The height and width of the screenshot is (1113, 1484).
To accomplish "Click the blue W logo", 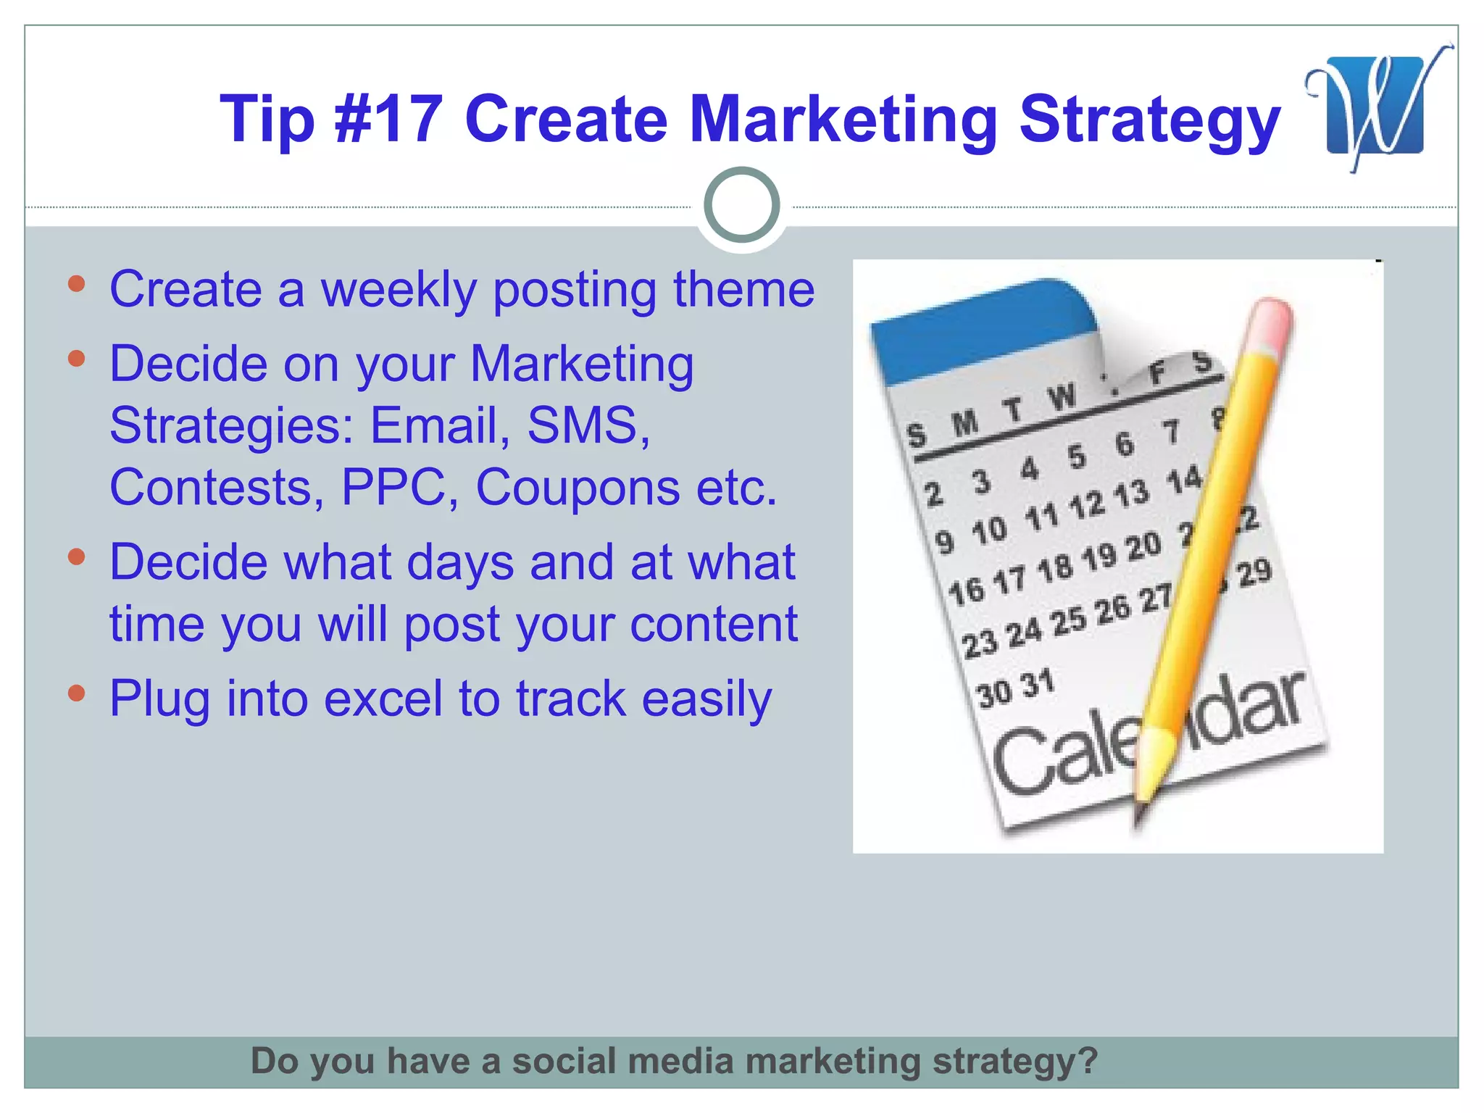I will [1375, 106].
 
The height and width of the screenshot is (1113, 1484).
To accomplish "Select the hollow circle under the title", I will [741, 205].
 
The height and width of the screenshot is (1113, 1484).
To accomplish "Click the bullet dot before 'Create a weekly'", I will [77, 283].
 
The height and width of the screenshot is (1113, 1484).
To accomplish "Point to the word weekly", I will [399, 290].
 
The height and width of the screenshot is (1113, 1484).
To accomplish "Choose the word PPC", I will [392, 487].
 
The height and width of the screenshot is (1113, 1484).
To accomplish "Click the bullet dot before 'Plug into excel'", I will [77, 693].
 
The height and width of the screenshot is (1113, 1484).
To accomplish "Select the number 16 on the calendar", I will [966, 591].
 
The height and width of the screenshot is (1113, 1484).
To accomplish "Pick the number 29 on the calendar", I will [1254, 572].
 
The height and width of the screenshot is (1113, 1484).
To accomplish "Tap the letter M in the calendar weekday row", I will [964, 423].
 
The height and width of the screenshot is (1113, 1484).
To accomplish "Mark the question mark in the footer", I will [1088, 1061].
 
